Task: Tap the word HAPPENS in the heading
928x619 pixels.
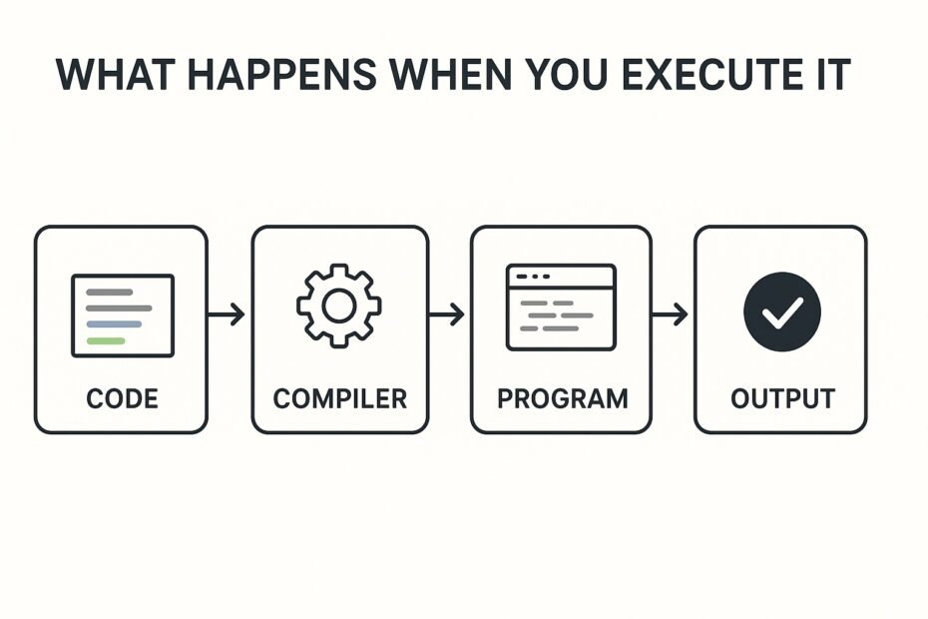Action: [x=281, y=74]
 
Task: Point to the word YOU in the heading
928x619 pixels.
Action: [x=567, y=74]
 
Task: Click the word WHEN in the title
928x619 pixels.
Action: [x=450, y=74]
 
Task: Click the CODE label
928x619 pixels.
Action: [x=122, y=398]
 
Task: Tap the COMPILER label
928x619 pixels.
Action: [x=339, y=398]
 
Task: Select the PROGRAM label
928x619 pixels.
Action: [x=562, y=398]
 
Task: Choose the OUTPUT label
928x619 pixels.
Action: [x=782, y=398]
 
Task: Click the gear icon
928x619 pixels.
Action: [x=339, y=306]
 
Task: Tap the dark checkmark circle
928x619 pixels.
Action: [x=782, y=311]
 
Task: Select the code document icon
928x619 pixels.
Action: [x=123, y=315]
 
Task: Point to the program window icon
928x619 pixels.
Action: [x=561, y=308]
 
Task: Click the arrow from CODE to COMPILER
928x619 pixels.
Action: [x=227, y=313]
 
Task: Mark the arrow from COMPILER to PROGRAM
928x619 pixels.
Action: [x=446, y=313]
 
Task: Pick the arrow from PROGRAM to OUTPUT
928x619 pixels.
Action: [x=670, y=313]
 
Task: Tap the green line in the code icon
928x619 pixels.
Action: [x=106, y=340]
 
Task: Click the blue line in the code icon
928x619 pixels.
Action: [x=114, y=324]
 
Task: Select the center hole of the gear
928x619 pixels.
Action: [x=339, y=306]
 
